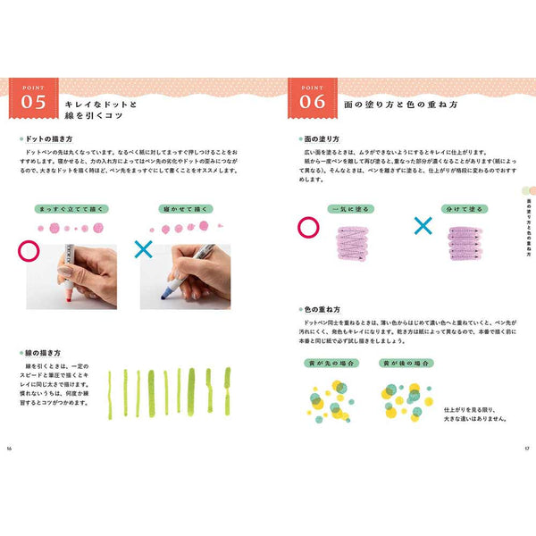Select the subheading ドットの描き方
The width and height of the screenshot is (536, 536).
(50, 140)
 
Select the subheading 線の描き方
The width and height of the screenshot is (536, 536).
(45, 354)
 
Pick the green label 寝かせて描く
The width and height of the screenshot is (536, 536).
(185, 208)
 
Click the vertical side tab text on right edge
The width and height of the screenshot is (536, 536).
(530, 222)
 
